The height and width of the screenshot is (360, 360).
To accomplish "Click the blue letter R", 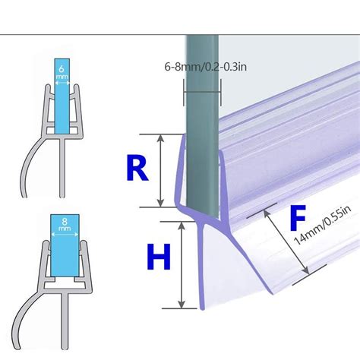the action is click(137, 169).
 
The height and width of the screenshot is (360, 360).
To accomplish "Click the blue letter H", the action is click(159, 257).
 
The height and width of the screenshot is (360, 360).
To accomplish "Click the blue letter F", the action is click(298, 218).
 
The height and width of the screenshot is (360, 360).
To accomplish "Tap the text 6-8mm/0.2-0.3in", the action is click(206, 67).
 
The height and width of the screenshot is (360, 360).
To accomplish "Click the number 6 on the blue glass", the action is click(62, 68).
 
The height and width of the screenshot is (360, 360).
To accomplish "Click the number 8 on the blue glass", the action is click(65, 221).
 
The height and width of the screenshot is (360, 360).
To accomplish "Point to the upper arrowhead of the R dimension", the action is click(160, 138).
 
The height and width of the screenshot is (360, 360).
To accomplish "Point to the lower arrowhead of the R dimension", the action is click(160, 203).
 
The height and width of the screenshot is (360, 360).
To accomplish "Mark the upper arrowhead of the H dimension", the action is click(182, 226).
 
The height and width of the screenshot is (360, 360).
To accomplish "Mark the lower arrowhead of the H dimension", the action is click(182, 305).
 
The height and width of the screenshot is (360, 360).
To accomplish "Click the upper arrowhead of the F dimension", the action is click(266, 214).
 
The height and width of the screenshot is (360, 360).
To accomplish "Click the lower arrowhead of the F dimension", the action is click(306, 270).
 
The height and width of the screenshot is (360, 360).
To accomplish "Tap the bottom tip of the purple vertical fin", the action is click(202, 309).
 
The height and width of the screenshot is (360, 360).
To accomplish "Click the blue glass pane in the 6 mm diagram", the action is click(62, 96).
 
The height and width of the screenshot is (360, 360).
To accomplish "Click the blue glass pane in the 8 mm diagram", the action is click(65, 245).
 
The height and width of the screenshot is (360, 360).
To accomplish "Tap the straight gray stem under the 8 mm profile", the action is click(65, 321).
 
